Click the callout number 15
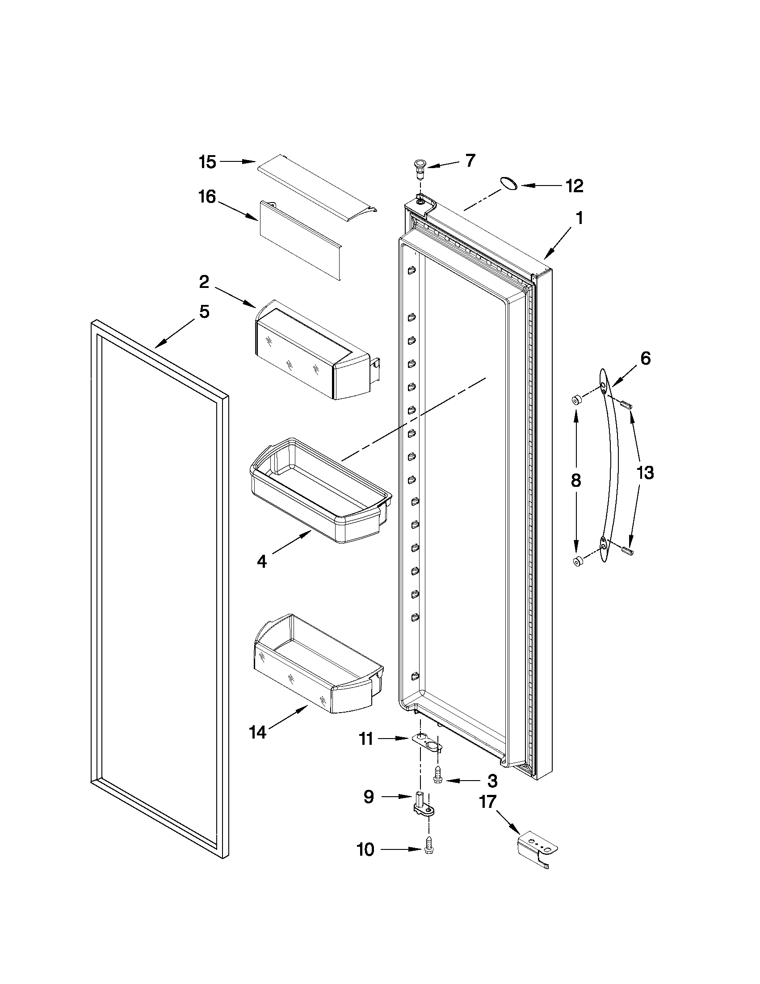[x=208, y=162]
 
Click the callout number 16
[x=208, y=197]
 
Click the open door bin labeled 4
[x=319, y=491]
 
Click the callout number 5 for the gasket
[x=204, y=311]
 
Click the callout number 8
[x=576, y=481]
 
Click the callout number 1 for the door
[x=579, y=219]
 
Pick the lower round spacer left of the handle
[x=577, y=561]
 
